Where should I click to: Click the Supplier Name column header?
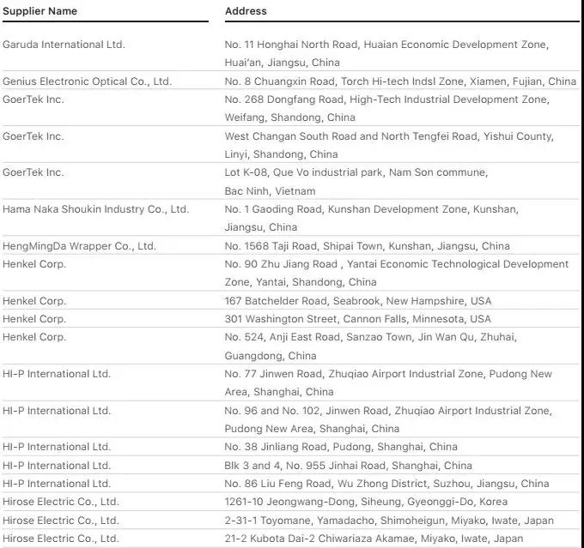tap(40, 11)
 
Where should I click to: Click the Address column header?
tap(246, 11)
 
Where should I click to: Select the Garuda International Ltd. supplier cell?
tap(64, 45)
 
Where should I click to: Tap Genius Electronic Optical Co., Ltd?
tap(87, 81)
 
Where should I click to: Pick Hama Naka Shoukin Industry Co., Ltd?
tap(95, 209)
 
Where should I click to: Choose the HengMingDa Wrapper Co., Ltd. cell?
tap(79, 246)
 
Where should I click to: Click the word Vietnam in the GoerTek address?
tap(295, 191)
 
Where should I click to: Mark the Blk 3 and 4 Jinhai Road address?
tap(348, 466)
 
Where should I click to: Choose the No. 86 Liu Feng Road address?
tap(386, 484)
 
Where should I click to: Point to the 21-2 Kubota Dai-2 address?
tap(374, 539)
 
